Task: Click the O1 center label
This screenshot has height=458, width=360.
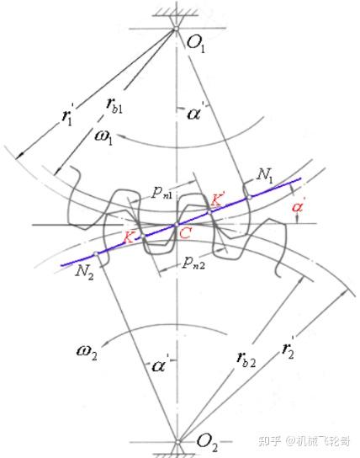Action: point(195,44)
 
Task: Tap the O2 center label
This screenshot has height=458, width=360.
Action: point(207,442)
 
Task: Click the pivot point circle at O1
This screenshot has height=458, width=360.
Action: point(176,29)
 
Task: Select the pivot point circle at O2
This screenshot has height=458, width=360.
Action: point(177,442)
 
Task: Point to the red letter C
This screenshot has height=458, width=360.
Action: point(185,233)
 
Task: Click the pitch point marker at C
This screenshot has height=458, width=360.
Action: point(176,225)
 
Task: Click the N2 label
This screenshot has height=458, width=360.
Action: point(85,273)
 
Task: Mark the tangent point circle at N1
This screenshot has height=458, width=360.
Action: point(249,197)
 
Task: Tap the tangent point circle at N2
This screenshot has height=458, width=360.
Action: point(96,253)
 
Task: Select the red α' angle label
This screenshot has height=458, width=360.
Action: point(298,206)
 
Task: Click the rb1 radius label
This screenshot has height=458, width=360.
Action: point(114,106)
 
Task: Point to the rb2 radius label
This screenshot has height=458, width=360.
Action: point(246,358)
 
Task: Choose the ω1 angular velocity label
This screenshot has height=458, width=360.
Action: point(103,136)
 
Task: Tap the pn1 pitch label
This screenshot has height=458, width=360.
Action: point(161,193)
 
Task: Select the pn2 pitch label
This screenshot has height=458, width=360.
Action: point(193,262)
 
